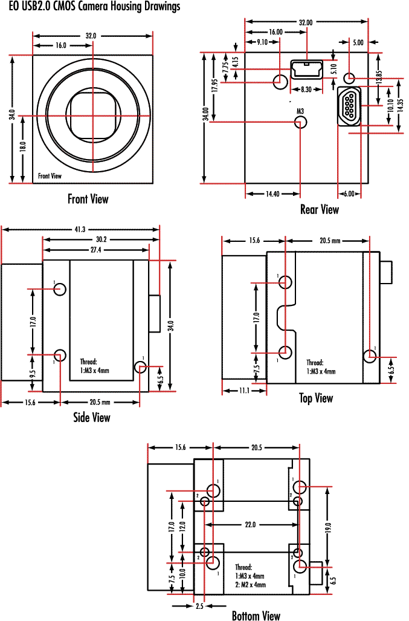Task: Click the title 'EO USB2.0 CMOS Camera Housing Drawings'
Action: coord(94,7)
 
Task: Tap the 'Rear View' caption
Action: coord(320,209)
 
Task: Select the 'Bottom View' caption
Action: coord(256,616)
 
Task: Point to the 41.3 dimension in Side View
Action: coord(80,229)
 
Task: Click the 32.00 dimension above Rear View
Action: coord(306,22)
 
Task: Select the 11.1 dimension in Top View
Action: coord(243,391)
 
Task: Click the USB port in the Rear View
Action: coord(308,70)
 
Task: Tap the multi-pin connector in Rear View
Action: coord(350,107)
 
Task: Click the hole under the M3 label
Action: coord(300,122)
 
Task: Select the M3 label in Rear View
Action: coord(300,111)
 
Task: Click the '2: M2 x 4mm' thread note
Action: coord(250,585)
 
